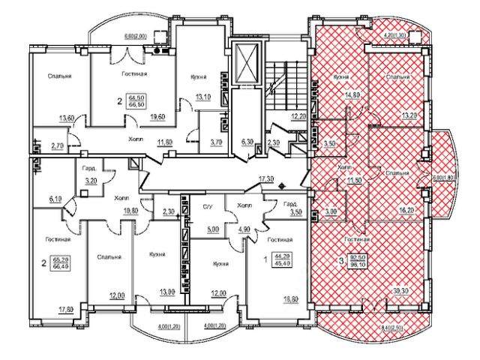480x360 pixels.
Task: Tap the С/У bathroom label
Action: [208, 205]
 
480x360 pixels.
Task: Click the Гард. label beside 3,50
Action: [293, 203]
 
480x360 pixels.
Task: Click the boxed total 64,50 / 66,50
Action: [137, 101]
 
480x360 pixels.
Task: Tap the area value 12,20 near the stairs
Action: [298, 117]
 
